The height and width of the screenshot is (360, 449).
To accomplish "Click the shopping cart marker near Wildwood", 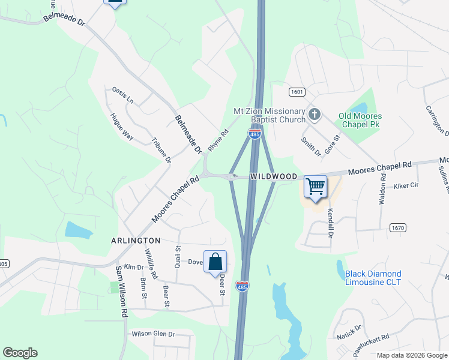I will pyautogui.click(x=316, y=187).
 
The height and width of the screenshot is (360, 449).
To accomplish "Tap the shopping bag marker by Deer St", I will pyautogui.click(x=215, y=262).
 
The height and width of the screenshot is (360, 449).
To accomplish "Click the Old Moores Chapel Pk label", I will pyautogui.click(x=360, y=119).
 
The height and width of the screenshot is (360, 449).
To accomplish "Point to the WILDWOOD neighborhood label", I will pyautogui.click(x=274, y=176).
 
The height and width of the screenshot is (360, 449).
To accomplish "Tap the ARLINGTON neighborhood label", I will pyautogui.click(x=135, y=239).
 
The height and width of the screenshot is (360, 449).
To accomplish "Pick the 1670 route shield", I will pyautogui.click(x=397, y=227).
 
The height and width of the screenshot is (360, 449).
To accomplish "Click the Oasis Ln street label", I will pyautogui.click(x=122, y=94).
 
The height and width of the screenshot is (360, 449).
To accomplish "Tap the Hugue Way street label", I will pyautogui.click(x=122, y=126).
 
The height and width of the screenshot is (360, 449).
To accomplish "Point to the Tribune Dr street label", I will pyautogui.click(x=160, y=151).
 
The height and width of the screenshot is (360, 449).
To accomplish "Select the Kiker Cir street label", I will pyautogui.click(x=406, y=186).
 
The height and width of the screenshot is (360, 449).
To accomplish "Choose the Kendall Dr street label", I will pyautogui.click(x=330, y=223).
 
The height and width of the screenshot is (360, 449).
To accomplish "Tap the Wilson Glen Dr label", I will pyautogui.click(x=153, y=334).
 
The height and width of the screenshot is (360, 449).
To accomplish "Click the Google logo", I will pyautogui.click(x=20, y=353).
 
